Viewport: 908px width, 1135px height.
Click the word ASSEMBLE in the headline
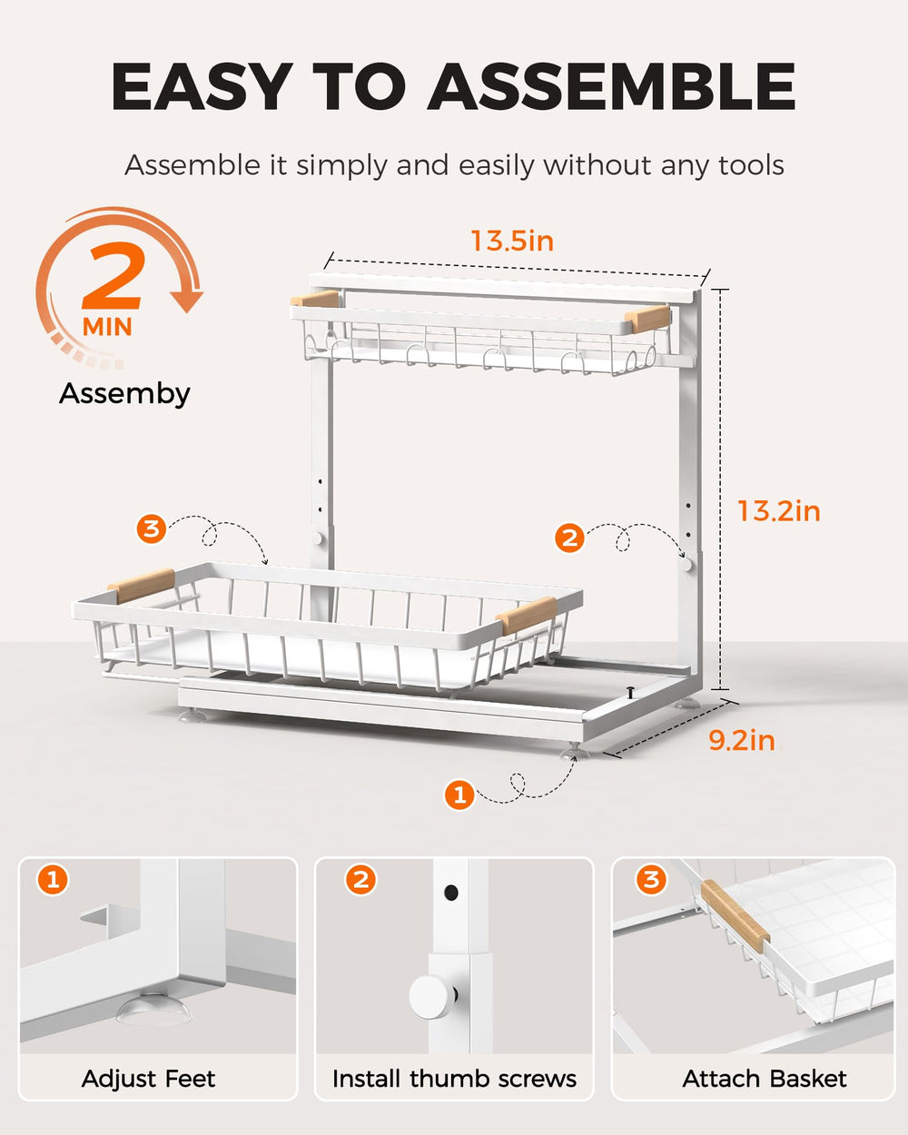pyautogui.click(x=611, y=86)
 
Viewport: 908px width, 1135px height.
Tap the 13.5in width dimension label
pyautogui.click(x=512, y=241)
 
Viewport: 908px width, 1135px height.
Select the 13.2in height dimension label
pyautogui.click(x=779, y=511)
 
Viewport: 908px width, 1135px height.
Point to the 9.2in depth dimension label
pyautogui.click(x=742, y=741)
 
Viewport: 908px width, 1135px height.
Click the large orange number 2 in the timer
pyautogui.click(x=113, y=276)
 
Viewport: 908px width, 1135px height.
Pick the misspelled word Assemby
pyautogui.click(x=124, y=394)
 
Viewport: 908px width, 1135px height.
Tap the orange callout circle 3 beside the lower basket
pyautogui.click(x=152, y=528)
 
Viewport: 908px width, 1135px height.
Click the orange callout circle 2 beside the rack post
pyautogui.click(x=569, y=538)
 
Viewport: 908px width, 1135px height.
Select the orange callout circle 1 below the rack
pyautogui.click(x=459, y=794)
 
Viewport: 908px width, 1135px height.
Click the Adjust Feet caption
pyautogui.click(x=148, y=1079)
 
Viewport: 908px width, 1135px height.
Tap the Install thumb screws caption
pyautogui.click(x=454, y=1079)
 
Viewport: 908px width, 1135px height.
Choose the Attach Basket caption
pyautogui.click(x=765, y=1079)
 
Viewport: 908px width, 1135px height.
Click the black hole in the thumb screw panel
pyautogui.click(x=450, y=893)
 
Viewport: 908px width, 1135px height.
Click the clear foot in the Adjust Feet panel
pyautogui.click(x=153, y=1009)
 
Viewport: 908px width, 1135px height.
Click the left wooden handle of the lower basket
pyautogui.click(x=141, y=586)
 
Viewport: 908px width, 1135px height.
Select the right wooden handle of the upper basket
pyautogui.click(x=646, y=319)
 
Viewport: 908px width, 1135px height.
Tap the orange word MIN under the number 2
pyautogui.click(x=107, y=327)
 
